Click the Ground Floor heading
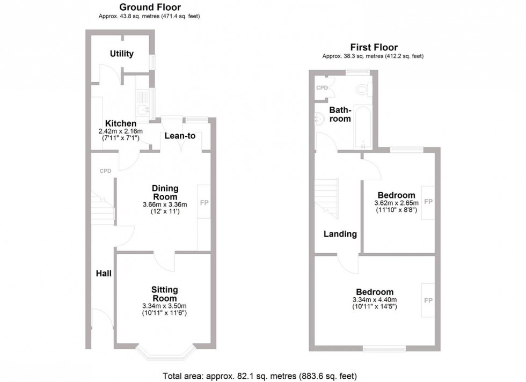pos(150,7)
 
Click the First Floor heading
pos(374,47)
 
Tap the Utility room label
pos(122,54)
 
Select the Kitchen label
pos(121,123)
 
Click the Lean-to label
pos(180,136)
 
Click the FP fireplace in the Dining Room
pos(204,203)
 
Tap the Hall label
pos(104,274)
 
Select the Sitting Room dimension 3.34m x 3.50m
pos(164,306)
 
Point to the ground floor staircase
pos(101,207)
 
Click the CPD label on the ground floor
pos(105,171)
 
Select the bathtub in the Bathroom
pos(363,126)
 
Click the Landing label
pos(340,234)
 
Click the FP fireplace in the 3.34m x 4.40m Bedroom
pos(428,300)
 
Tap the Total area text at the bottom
pos(260,376)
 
